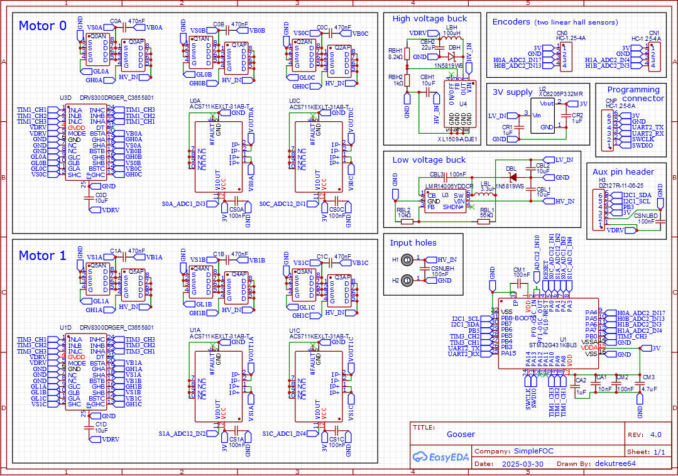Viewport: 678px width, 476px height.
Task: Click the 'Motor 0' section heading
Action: coord(42,26)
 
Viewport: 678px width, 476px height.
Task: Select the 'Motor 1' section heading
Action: coord(42,256)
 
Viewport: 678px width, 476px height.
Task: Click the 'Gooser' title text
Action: coord(461,434)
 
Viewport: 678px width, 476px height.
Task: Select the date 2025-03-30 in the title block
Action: coord(523,464)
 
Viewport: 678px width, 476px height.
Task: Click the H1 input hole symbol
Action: coord(407,259)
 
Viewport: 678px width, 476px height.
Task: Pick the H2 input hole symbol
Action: coord(407,280)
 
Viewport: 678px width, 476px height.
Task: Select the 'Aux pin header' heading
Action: coord(623,171)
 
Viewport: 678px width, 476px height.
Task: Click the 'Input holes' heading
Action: coord(413,243)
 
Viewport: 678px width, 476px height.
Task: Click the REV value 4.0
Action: coord(655,434)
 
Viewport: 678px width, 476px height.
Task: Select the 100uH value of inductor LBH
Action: coord(451,33)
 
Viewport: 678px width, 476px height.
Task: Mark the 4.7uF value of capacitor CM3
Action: coord(648,389)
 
